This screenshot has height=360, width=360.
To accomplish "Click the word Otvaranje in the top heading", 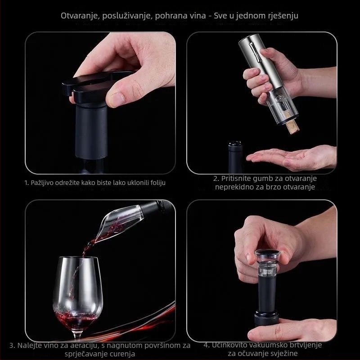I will pos(77,16).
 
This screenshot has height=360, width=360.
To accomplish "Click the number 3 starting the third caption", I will pos(12,346).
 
